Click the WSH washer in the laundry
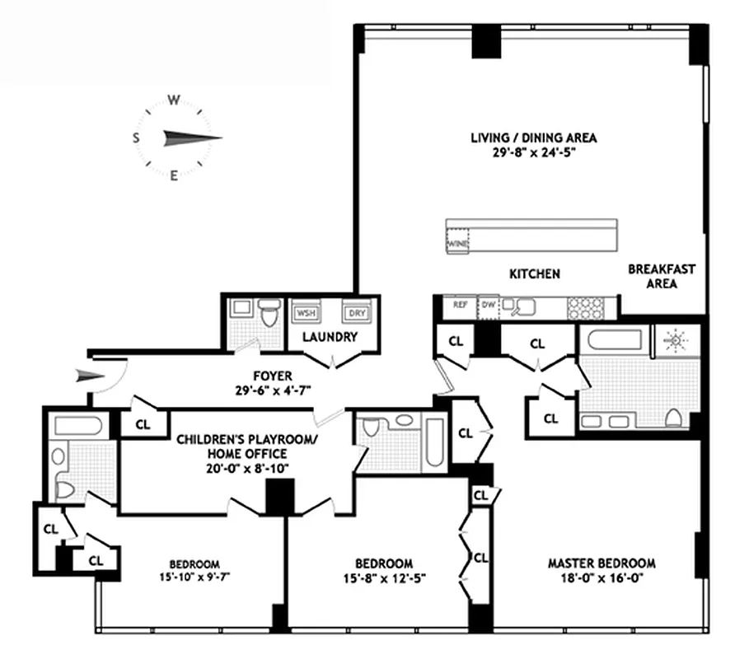(306, 313)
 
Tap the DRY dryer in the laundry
(355, 313)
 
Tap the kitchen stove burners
(585, 306)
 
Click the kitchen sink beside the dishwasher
(522, 306)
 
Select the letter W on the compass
(174, 100)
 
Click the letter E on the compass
(174, 175)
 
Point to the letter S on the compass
(136, 138)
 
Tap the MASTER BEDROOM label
(602, 563)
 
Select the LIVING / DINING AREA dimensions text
(533, 152)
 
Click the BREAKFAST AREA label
(662, 276)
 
